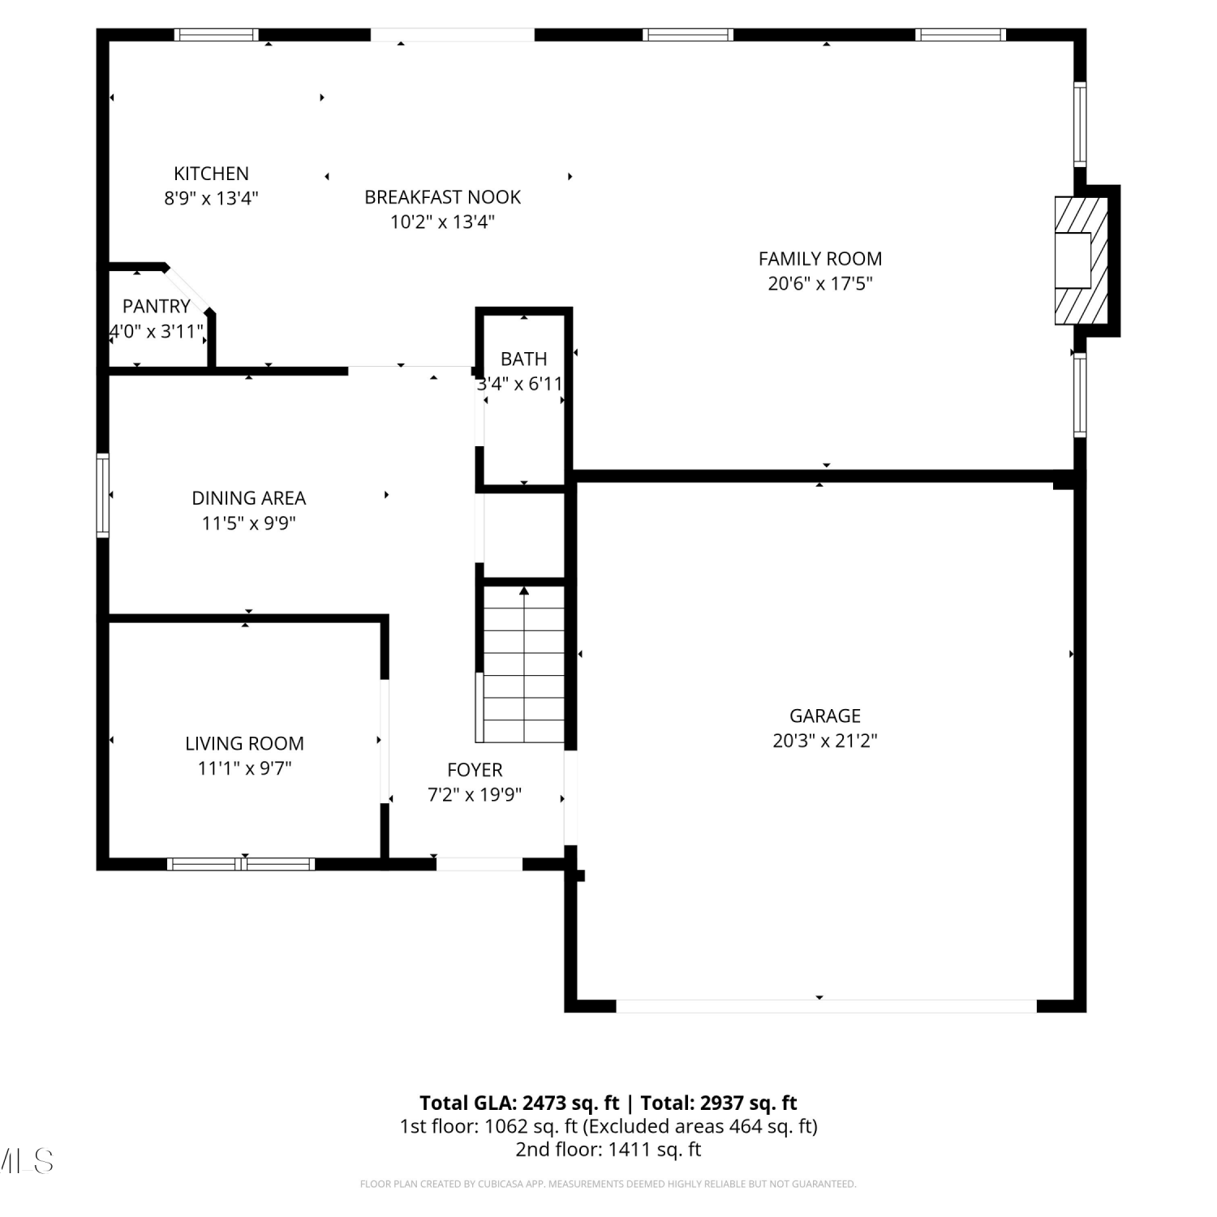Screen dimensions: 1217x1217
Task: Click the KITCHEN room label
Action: click(211, 174)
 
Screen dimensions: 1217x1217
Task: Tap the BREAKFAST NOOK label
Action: click(442, 197)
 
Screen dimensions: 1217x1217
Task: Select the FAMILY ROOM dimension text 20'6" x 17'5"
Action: click(820, 283)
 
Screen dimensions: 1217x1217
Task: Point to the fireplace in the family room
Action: click(1082, 260)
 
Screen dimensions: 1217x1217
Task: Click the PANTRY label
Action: click(157, 307)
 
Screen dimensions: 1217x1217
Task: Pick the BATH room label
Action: click(523, 359)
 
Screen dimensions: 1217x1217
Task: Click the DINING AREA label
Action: click(249, 498)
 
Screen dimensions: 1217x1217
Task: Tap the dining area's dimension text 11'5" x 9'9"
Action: click(249, 523)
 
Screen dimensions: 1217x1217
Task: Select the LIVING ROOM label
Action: click(244, 743)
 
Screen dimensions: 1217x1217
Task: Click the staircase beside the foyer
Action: click(524, 664)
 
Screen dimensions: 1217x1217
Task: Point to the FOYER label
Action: click(475, 770)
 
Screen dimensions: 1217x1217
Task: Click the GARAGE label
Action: click(825, 716)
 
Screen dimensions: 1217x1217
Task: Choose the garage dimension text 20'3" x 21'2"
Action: click(825, 741)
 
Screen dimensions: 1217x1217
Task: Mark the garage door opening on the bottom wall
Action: click(827, 1006)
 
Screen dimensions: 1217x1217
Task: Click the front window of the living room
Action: click(241, 864)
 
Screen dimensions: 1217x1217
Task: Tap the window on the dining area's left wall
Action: click(103, 495)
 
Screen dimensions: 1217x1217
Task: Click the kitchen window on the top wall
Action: click(216, 35)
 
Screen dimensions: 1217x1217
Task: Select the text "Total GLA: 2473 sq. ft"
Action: click(519, 1103)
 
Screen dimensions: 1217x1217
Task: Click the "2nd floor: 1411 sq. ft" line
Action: click(608, 1150)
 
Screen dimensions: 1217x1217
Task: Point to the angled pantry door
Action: click(188, 288)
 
